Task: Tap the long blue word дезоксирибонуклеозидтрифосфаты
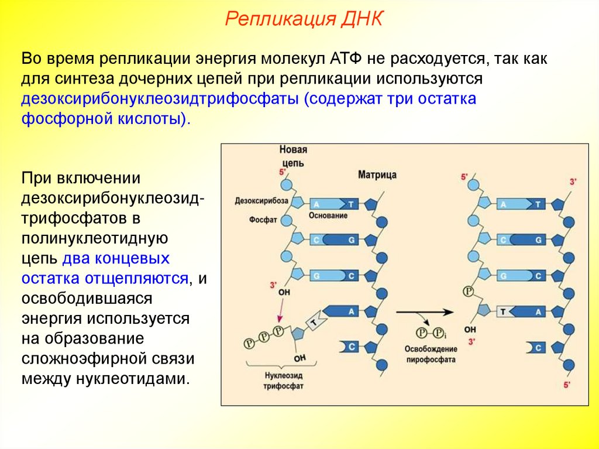159,98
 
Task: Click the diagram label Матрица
377,174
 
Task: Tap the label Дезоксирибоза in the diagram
261,200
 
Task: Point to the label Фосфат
263,220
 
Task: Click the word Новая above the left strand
293,150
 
